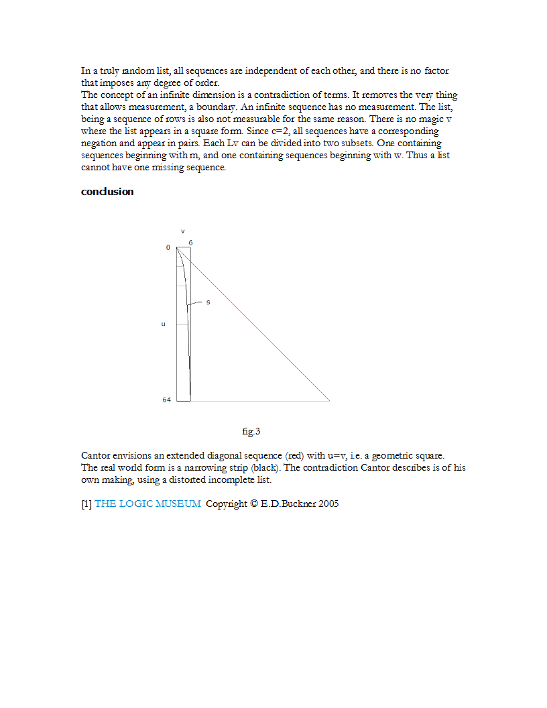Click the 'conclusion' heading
107,192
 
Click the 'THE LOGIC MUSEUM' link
147,504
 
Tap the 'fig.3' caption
251,431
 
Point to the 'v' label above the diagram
182,231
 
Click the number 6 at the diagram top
190,242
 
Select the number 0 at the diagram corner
168,248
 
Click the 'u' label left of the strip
163,324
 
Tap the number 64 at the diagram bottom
166,400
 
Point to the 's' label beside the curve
208,302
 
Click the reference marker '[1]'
86,504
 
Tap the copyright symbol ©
254,504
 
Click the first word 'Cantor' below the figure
95,455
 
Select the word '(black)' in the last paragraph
265,467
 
